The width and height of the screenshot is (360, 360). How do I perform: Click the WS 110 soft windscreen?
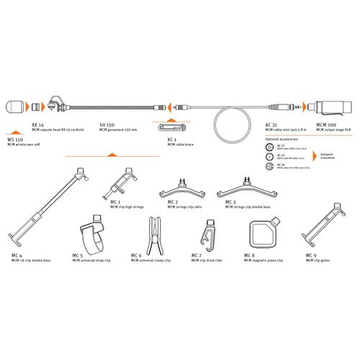[15, 106]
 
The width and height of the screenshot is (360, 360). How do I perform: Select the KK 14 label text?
[38, 124]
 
